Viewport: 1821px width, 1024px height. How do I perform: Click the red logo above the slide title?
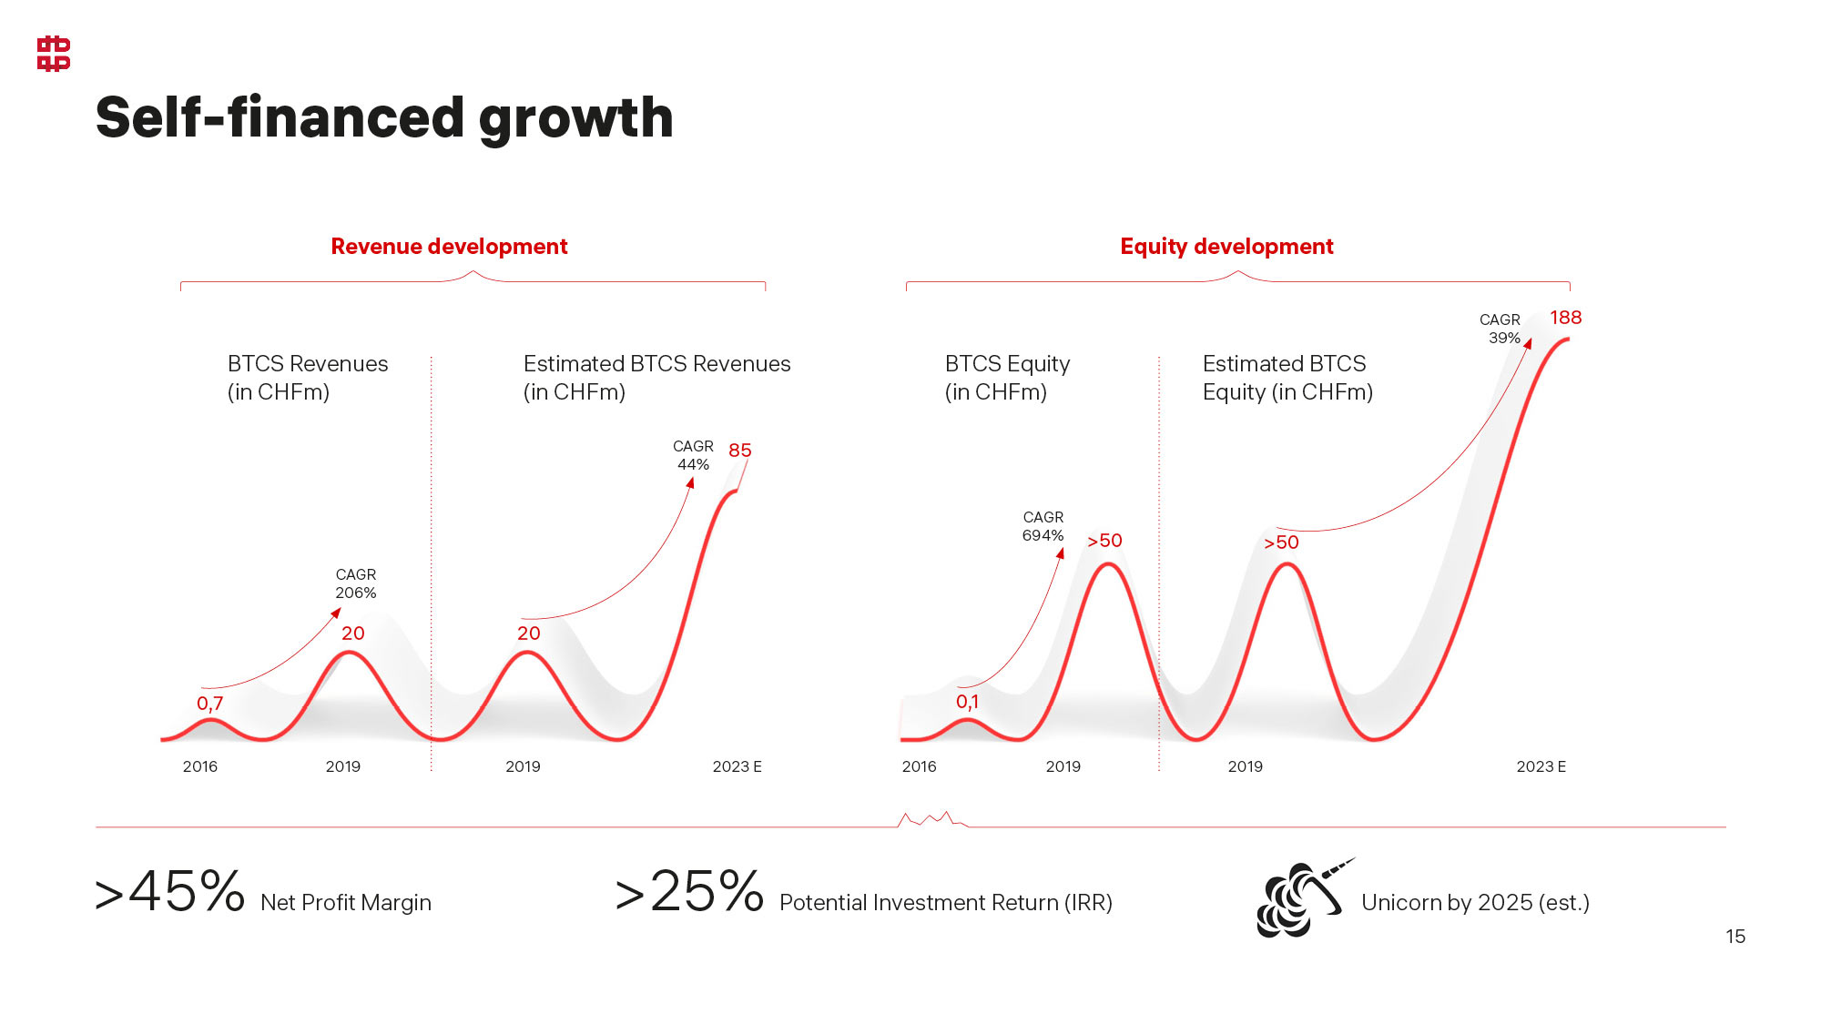click(x=54, y=54)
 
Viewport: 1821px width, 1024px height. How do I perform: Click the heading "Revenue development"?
click(x=449, y=247)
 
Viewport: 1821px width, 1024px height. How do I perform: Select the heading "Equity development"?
click(x=1226, y=247)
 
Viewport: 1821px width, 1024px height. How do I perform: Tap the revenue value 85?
click(x=740, y=451)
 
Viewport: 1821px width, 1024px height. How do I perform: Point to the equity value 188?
click(x=1566, y=318)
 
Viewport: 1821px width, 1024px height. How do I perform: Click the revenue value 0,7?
click(x=210, y=704)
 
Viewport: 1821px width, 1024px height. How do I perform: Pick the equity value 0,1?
click(x=968, y=702)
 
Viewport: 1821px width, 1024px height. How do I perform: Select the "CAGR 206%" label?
click(x=356, y=583)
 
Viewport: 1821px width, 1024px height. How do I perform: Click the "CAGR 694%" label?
click(x=1043, y=526)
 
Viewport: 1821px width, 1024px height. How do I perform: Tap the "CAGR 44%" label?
click(x=693, y=455)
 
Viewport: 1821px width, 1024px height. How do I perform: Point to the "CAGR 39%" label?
click(x=1501, y=329)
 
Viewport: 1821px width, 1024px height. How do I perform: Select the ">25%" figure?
click(x=690, y=892)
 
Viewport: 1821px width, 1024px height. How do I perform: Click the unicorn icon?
click(x=1300, y=899)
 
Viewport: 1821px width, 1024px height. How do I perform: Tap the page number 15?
click(x=1735, y=937)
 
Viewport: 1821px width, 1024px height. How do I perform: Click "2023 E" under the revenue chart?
click(x=738, y=766)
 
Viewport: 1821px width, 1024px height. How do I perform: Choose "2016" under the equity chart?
click(x=920, y=766)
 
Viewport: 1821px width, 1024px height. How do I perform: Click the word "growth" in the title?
click(x=575, y=118)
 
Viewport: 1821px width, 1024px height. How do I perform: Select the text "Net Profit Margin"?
click(x=346, y=903)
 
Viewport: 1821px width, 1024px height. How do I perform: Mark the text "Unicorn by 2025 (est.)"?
click(x=1475, y=903)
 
